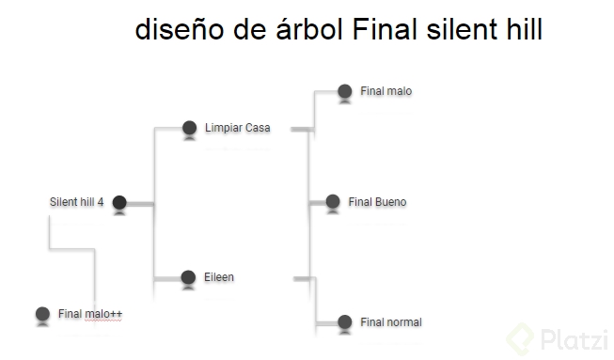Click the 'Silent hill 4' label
click(x=76, y=201)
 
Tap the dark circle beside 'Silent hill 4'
click(x=119, y=202)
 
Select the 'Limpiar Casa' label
click(x=237, y=128)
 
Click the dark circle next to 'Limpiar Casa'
click(x=189, y=128)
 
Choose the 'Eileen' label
click(x=219, y=276)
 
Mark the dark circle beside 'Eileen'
click(x=189, y=276)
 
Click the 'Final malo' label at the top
click(x=386, y=91)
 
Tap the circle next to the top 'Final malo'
click(x=344, y=92)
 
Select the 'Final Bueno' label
click(x=377, y=201)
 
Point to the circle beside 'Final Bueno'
click(x=333, y=201)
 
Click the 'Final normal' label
click(x=391, y=322)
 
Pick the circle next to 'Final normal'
click(x=344, y=322)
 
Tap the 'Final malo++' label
click(x=90, y=314)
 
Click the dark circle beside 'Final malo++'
click(x=41, y=314)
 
